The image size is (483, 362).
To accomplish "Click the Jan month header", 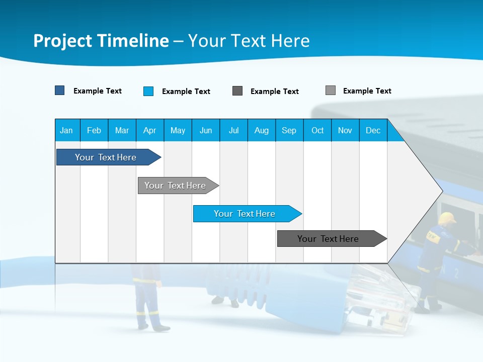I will [x=66, y=130].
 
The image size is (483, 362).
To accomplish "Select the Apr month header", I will [x=149, y=130].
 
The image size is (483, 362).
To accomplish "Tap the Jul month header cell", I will [x=233, y=130].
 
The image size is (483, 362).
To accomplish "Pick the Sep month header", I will [x=289, y=130].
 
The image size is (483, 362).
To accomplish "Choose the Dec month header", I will [x=373, y=130].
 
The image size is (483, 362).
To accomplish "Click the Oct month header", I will [x=317, y=130].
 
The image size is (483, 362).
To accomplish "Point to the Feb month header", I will [x=94, y=130].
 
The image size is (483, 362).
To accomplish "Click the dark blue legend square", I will [x=60, y=90].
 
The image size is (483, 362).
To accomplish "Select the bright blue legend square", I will [x=148, y=91].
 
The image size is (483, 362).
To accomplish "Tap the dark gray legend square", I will [x=237, y=91].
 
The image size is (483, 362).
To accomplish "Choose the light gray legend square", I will [x=331, y=90].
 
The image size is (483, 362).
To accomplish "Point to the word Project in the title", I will [x=63, y=41].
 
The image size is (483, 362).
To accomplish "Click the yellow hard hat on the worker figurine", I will [x=446, y=218].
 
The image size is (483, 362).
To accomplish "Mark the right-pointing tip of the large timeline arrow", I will [x=442, y=191].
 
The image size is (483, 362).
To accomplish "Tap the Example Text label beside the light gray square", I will [x=367, y=91].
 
